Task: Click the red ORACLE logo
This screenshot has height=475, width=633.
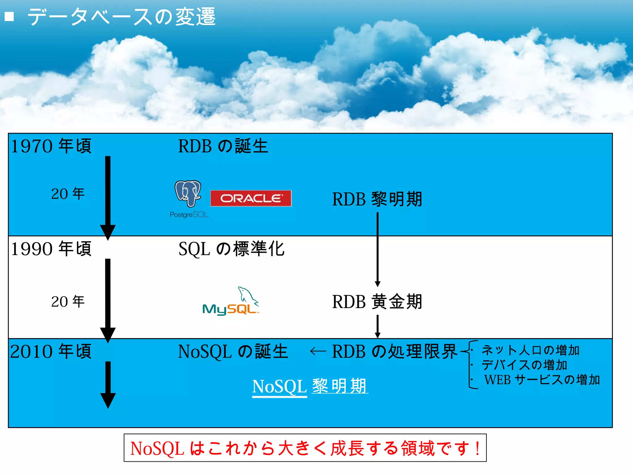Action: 251,198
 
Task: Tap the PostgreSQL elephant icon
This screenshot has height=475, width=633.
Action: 188,194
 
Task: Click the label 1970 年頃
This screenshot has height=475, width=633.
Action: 51,146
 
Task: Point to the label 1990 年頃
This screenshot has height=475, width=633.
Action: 51,249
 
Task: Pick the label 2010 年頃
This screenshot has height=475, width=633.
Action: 51,351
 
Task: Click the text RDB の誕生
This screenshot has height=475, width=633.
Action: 223,146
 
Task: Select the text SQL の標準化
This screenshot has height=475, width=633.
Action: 231,249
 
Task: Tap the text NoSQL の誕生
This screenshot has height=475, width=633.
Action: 233,352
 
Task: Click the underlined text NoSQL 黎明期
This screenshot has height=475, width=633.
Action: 310,386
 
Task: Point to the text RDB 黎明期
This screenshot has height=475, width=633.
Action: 377,199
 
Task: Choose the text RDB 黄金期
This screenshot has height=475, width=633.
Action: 377,302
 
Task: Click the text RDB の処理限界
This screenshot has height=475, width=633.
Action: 394,352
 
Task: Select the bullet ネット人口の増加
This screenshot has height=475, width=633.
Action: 530,350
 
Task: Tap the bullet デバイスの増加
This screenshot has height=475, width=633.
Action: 524,365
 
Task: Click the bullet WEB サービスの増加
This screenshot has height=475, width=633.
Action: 542,380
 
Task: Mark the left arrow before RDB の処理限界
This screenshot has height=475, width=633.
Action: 318,351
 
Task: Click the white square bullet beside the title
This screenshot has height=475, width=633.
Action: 10,16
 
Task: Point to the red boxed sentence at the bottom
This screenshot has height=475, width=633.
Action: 305,448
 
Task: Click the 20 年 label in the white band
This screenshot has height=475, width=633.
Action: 68,302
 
